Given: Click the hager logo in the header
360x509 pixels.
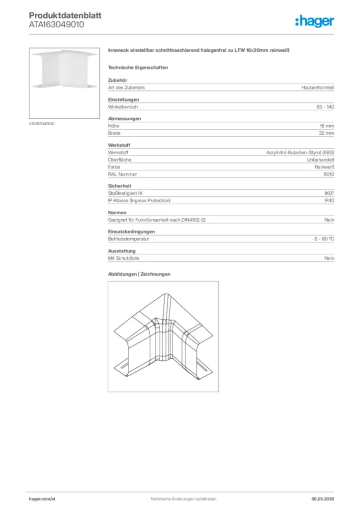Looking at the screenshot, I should pos(314,21).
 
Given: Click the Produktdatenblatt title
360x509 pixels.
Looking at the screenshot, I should pos(65,15).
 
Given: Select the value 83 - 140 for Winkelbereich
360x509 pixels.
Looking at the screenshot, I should pos(325,107).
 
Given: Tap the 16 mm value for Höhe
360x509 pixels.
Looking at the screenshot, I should pos(327,126).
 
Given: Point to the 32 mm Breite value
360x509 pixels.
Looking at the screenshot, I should pos(327,134).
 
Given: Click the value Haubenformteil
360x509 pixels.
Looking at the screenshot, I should pos(318,87).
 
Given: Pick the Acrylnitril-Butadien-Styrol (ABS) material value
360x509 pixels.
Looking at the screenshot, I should pos(300,152).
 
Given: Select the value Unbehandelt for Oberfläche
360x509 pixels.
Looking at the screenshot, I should pos(321,160).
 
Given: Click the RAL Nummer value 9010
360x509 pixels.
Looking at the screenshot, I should pos(329,174).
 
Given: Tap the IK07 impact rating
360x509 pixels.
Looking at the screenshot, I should pos(329,193).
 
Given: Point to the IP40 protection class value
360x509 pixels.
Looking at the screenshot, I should pos(329,200).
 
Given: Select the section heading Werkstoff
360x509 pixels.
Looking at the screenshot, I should pos(119,145).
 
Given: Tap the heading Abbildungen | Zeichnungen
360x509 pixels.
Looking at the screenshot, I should pos(139,274).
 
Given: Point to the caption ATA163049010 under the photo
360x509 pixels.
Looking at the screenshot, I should pos(42,123).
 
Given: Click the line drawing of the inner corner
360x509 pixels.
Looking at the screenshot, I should pos(163,336).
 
